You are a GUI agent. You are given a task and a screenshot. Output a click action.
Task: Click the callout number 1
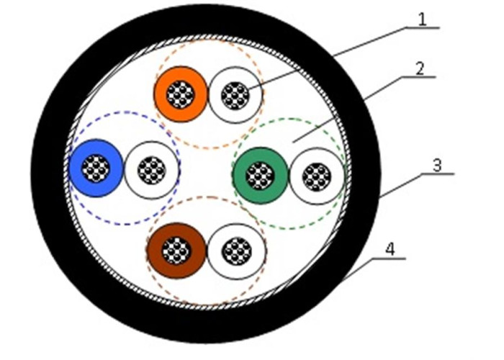(x=423, y=19)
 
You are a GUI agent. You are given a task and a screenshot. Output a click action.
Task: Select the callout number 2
(x=420, y=68)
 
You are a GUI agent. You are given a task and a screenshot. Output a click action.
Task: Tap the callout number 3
(x=437, y=165)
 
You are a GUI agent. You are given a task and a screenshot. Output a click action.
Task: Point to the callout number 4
(x=390, y=249)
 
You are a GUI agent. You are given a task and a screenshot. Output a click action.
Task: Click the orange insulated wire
(x=180, y=94)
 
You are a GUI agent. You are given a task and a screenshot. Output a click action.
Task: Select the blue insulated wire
(x=96, y=168)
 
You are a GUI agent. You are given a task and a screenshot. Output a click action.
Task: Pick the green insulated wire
(x=260, y=176)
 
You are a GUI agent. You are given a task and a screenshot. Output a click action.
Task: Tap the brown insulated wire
(x=176, y=251)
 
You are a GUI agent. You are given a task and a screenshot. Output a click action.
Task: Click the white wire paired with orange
(x=235, y=95)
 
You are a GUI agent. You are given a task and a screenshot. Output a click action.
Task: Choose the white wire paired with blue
(x=151, y=170)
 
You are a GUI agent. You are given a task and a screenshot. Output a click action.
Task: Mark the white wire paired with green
(x=317, y=176)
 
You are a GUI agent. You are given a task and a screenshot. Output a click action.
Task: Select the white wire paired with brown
(x=237, y=251)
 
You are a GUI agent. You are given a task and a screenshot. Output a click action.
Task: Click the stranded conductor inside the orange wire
(x=180, y=94)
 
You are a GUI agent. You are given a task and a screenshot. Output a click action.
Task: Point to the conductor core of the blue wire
(x=96, y=168)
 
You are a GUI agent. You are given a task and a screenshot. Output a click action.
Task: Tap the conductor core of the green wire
(x=260, y=176)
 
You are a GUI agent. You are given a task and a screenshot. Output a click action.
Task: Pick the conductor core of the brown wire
(x=176, y=251)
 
